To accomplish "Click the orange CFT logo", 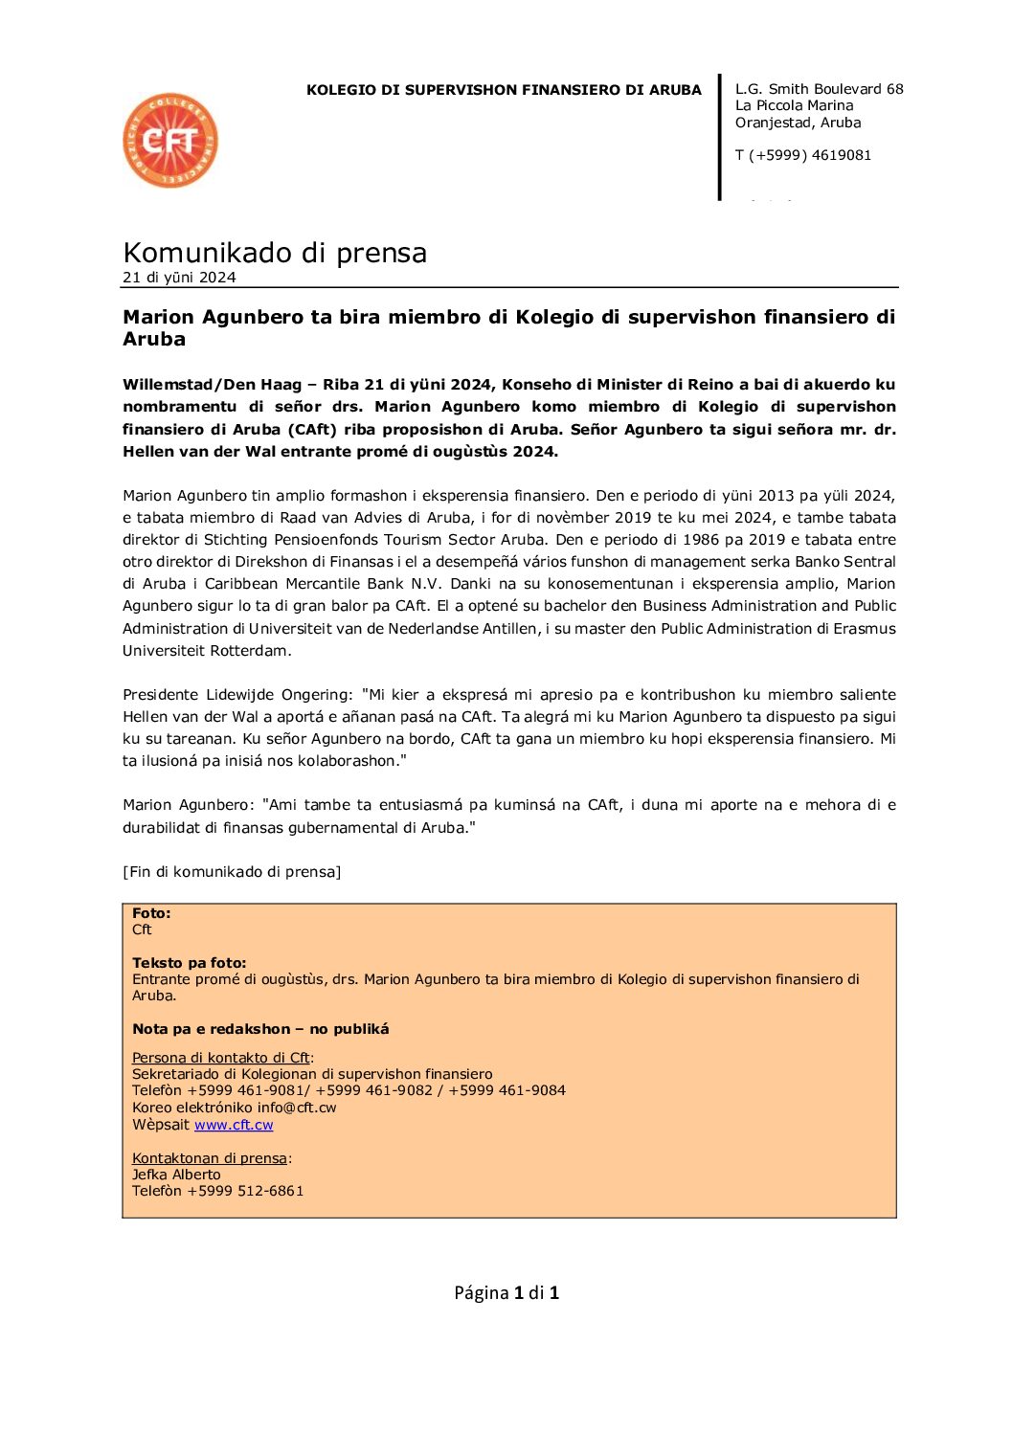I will tap(170, 141).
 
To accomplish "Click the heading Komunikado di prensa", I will tap(275, 253).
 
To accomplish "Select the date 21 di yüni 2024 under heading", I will tap(179, 278).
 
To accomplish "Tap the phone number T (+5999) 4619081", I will tap(802, 155).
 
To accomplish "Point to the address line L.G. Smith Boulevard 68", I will tap(819, 89).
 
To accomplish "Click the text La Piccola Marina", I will tap(794, 105).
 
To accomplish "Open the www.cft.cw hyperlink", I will tap(234, 1125).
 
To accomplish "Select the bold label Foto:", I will tap(151, 913).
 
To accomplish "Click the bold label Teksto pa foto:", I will tap(189, 963).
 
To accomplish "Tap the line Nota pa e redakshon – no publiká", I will tap(260, 1029).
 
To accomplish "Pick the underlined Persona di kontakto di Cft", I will tap(220, 1058).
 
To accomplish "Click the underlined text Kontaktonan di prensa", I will tap(210, 1158).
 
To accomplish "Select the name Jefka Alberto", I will tap(176, 1175).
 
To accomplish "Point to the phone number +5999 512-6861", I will tap(245, 1191).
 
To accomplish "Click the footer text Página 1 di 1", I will tap(506, 1293).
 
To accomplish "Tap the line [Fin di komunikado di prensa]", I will tap(232, 872).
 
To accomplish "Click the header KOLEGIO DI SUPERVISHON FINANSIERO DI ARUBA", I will tap(504, 90).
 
